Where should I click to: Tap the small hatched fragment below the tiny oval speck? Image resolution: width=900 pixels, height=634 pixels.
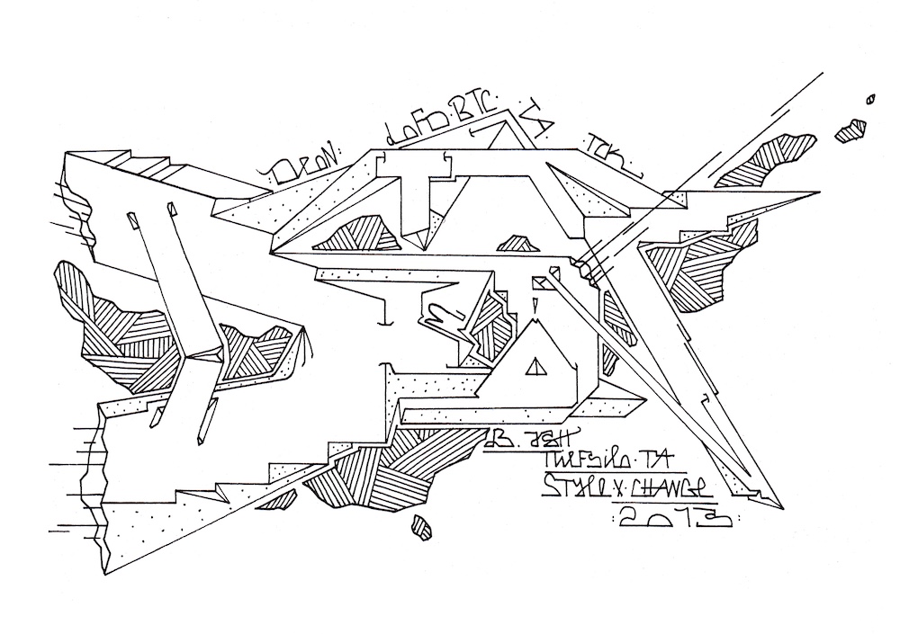coord(850,131)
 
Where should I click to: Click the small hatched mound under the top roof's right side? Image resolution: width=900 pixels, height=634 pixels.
coord(514,243)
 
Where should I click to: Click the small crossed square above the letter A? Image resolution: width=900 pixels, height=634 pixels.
coord(541,285)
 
